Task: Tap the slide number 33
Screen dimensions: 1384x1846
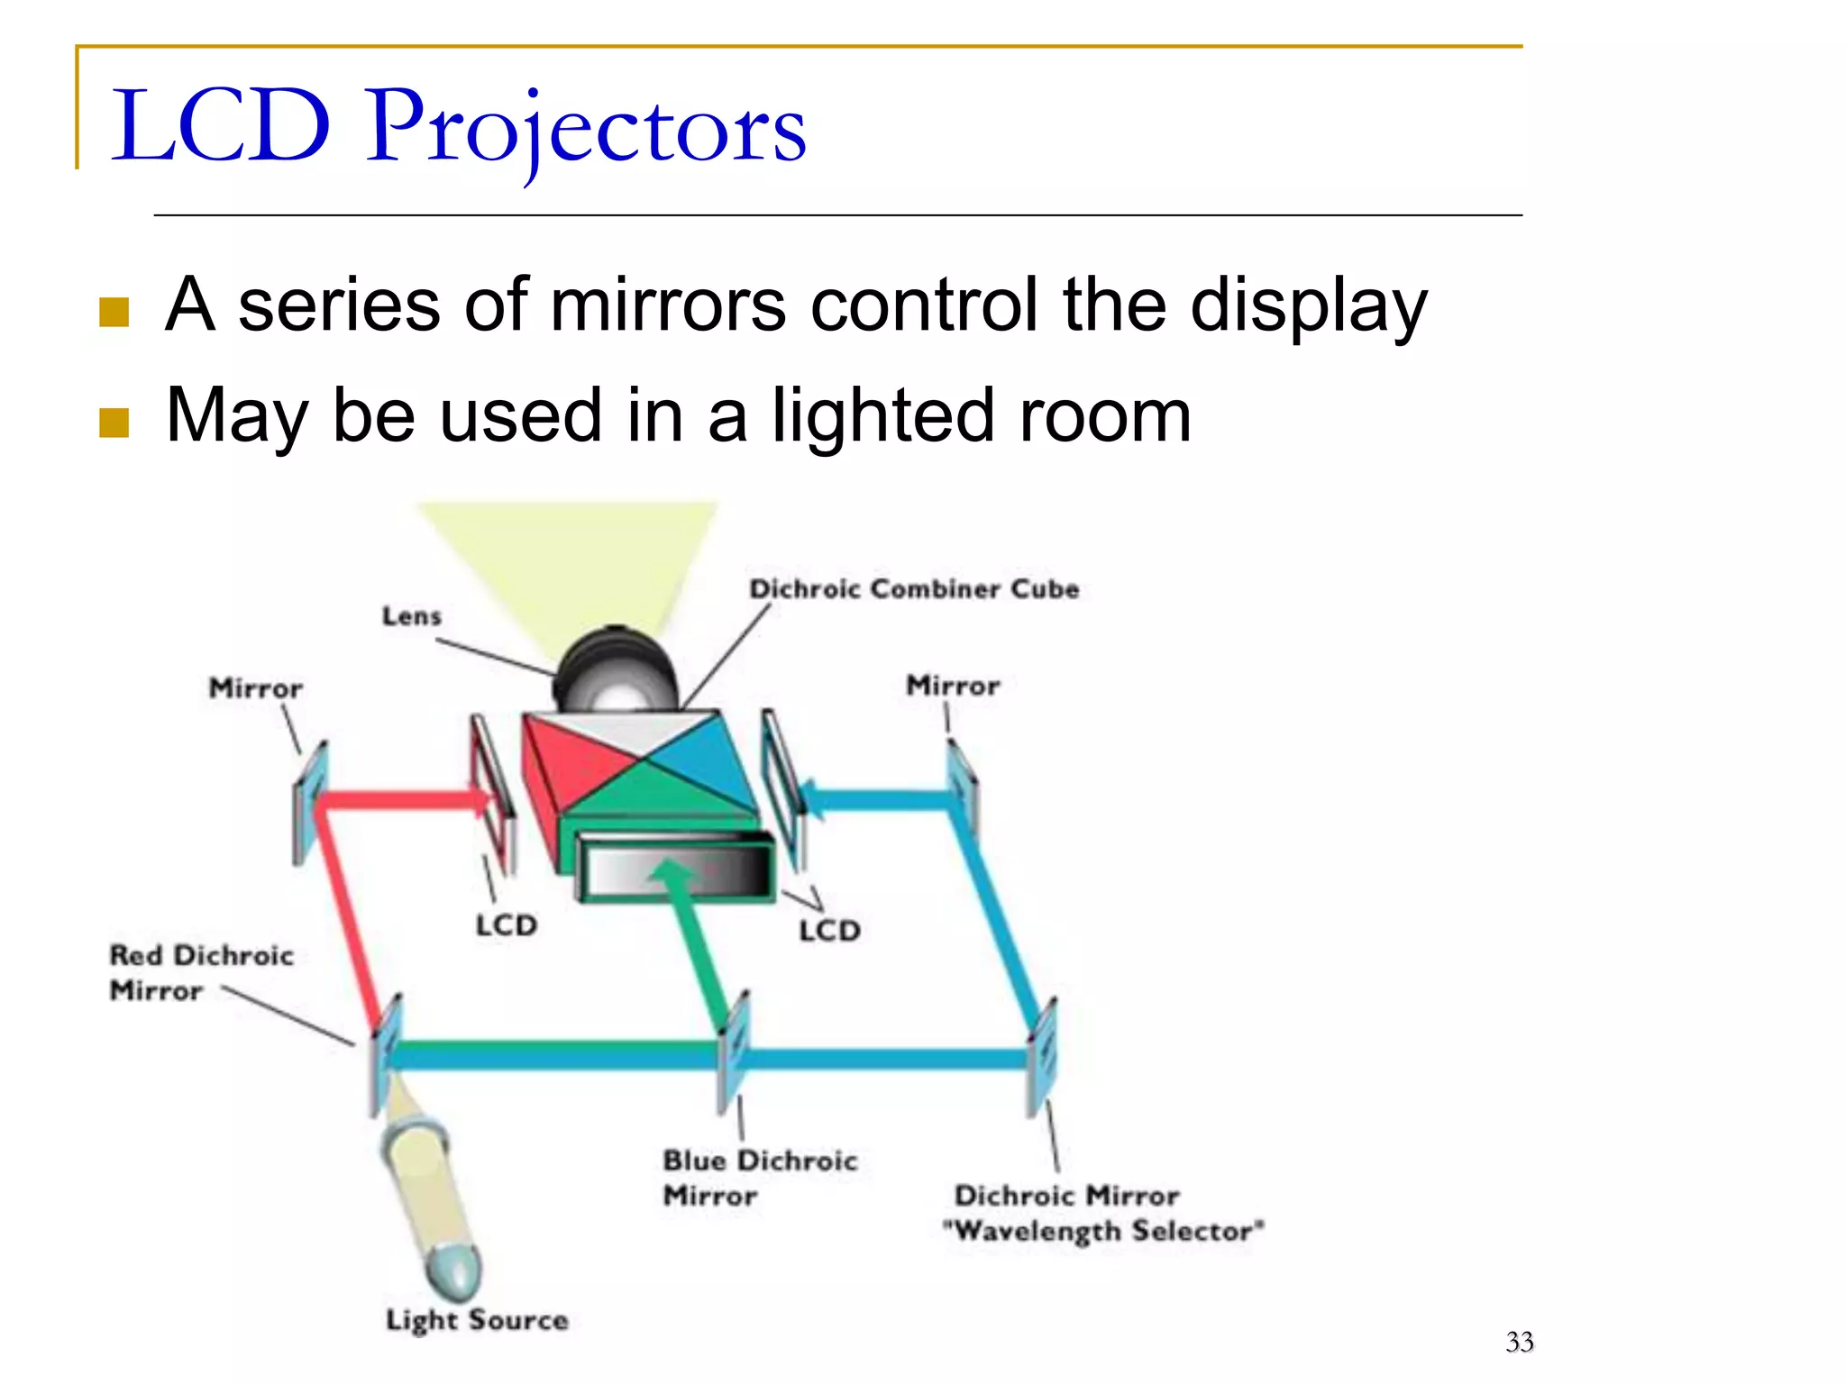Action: [1519, 1343]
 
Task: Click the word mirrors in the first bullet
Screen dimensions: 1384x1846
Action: [667, 306]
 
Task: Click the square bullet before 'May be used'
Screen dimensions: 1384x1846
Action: [114, 421]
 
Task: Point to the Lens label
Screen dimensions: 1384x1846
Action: [412, 617]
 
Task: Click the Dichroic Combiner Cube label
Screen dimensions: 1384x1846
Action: [914, 589]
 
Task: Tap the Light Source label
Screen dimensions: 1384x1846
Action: [477, 1320]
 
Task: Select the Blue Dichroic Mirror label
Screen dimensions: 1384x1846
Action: [759, 1178]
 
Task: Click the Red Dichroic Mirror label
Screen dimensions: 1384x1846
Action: [200, 973]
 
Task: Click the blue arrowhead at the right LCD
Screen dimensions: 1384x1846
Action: [811, 797]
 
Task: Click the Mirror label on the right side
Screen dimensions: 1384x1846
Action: [953, 687]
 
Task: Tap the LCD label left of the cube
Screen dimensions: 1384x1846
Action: [506, 925]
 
